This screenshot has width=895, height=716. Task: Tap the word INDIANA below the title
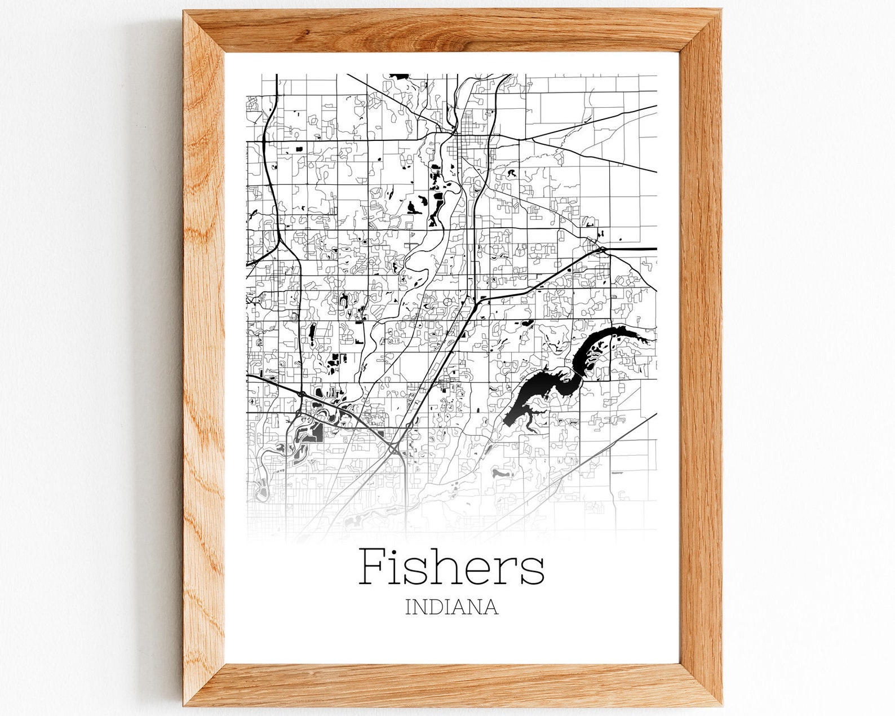(x=451, y=607)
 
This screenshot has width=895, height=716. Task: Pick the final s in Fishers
(x=533, y=571)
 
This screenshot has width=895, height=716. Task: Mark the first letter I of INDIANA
(x=408, y=607)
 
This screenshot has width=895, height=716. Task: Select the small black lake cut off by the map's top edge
(x=400, y=76)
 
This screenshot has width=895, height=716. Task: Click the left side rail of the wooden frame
(x=204, y=361)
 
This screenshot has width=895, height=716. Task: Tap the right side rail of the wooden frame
(x=700, y=361)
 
